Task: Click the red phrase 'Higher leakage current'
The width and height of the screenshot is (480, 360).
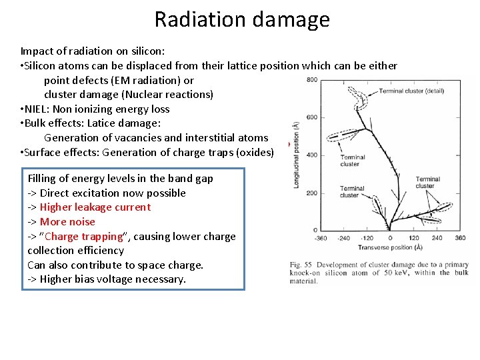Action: click(x=95, y=207)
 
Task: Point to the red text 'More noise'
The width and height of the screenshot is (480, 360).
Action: click(x=67, y=222)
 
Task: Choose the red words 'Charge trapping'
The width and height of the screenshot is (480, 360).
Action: click(x=85, y=237)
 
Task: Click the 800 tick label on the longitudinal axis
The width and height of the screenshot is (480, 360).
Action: click(x=311, y=81)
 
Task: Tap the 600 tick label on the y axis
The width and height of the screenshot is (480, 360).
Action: click(x=311, y=118)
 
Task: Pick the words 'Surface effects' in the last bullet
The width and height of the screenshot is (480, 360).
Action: click(x=61, y=153)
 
